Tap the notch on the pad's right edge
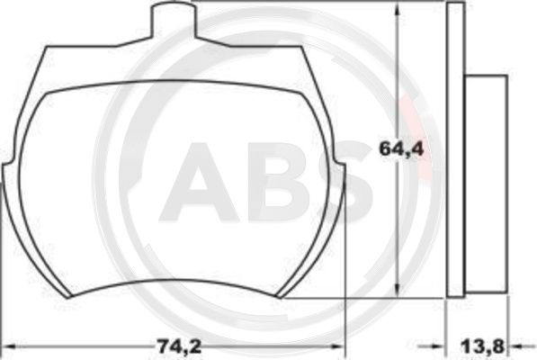coord(343,165)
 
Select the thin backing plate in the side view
coord(455,148)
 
